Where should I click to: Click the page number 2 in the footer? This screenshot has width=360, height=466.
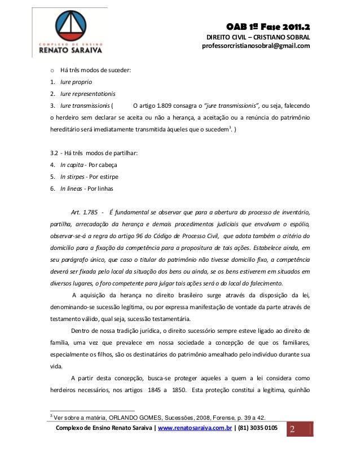coord(292,431)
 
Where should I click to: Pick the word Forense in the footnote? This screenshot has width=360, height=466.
coord(215,417)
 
